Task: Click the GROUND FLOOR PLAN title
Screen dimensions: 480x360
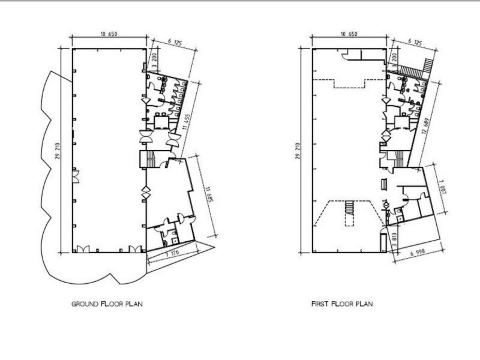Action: tap(107, 304)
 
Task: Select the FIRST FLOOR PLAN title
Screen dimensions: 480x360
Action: tap(342, 304)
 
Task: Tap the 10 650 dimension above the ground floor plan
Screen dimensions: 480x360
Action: tap(109, 34)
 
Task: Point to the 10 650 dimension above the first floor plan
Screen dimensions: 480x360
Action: tap(349, 34)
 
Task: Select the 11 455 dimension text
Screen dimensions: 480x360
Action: tap(187, 122)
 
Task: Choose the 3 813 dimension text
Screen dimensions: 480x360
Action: tap(395, 240)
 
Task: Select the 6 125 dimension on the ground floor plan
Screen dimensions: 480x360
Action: tap(175, 42)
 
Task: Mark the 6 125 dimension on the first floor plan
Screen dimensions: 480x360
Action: tap(415, 42)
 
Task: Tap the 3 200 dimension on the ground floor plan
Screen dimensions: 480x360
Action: tap(155, 59)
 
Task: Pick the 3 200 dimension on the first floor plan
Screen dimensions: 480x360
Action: tap(394, 59)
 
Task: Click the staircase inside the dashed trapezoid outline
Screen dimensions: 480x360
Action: tap(349, 208)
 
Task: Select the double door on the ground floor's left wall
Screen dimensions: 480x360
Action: tap(76, 176)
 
